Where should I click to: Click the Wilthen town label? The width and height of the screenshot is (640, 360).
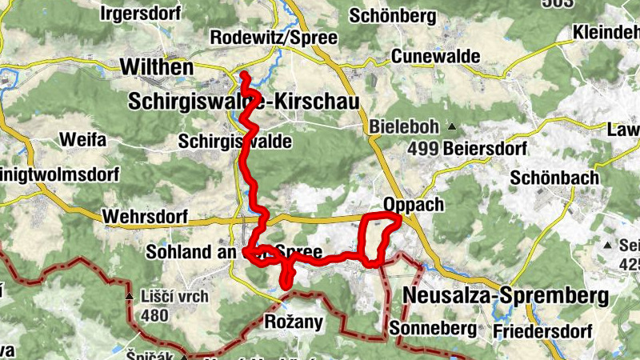pyautogui.click(x=156, y=67)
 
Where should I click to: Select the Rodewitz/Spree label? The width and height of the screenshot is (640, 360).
pyautogui.click(x=273, y=38)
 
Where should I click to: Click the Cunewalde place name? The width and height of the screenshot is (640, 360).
pyautogui.click(x=435, y=57)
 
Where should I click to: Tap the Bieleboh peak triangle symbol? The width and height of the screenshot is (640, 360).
pyautogui.click(x=452, y=126)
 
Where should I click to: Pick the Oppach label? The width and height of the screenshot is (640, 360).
pyautogui.click(x=413, y=205)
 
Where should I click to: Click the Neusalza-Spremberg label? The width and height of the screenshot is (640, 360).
pyautogui.click(x=506, y=295)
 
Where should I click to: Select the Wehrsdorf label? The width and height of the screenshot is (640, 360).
pyautogui.click(x=145, y=217)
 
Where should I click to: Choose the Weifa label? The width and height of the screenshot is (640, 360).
pyautogui.click(x=82, y=140)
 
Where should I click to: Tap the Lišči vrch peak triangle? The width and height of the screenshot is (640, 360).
pyautogui.click(x=130, y=297)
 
